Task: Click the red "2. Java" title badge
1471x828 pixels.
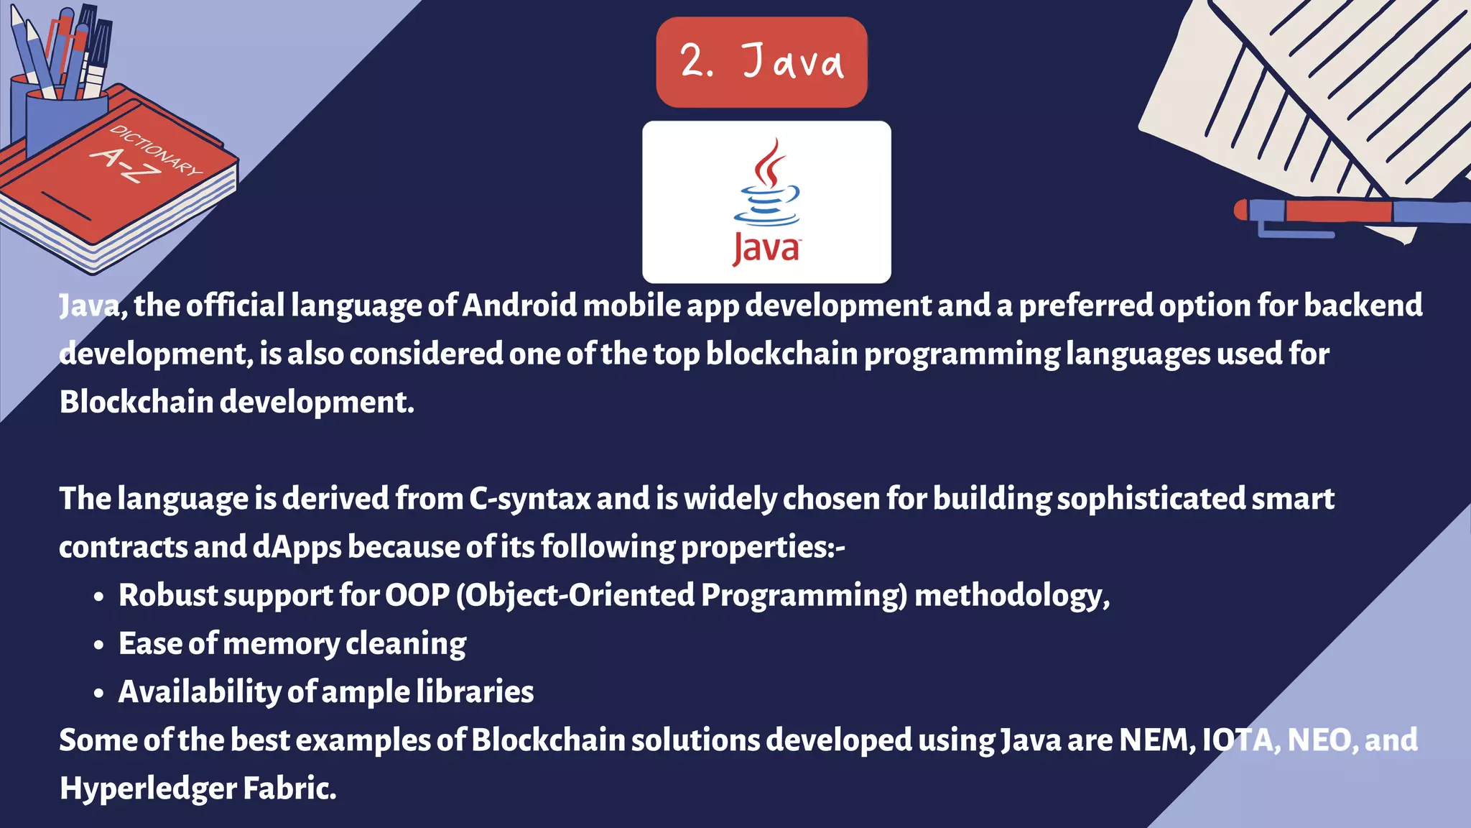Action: [761, 62]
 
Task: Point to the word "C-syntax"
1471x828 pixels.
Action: [529, 499]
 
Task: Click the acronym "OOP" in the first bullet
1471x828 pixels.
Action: [417, 595]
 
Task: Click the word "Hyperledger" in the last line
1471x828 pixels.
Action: [148, 788]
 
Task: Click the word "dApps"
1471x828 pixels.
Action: [297, 548]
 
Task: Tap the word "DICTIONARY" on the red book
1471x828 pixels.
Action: [157, 150]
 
